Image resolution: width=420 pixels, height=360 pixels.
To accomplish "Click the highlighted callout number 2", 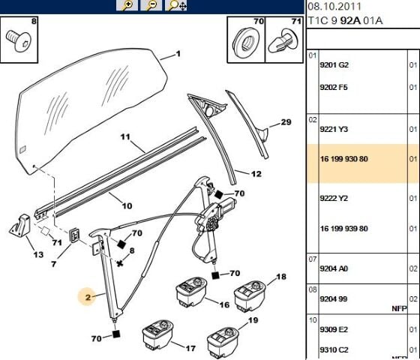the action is [x=88, y=297].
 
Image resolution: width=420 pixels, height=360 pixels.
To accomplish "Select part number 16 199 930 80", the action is [x=344, y=159].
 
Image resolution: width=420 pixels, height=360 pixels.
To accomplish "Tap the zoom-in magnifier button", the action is [x=127, y=5].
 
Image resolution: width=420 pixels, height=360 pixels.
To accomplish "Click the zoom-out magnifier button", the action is [x=151, y=5].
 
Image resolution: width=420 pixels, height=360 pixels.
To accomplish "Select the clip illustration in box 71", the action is [x=283, y=42].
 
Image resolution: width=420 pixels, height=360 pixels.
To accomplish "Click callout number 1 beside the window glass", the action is [x=178, y=54].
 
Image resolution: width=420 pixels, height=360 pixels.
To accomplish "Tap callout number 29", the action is [x=286, y=122].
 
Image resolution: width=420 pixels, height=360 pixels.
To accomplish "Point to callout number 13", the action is [x=38, y=254].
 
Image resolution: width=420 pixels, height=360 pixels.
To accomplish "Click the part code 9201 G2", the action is [x=334, y=64].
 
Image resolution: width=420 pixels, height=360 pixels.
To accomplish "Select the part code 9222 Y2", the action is [x=334, y=198].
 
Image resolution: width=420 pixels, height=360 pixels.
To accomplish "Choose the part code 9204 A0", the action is [x=334, y=268].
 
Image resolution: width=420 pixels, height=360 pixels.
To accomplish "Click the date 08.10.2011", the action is [x=334, y=7].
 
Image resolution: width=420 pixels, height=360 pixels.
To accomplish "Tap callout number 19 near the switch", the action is [x=253, y=320].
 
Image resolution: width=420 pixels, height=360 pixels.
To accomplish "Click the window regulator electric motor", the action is [x=217, y=214].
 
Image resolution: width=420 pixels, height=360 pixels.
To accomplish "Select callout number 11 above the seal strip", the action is [x=125, y=136].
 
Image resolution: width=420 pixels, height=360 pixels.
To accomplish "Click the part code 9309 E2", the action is [x=334, y=329].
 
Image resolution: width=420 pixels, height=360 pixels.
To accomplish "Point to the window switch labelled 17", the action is [x=157, y=334].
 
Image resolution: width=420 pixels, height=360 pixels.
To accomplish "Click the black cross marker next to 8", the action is [x=120, y=263].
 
